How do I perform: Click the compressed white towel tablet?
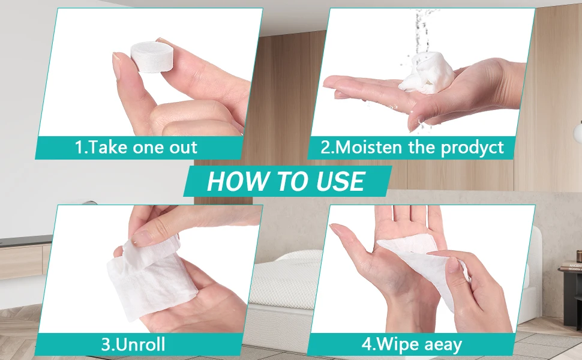[152, 57]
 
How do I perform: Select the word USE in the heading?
[340, 181]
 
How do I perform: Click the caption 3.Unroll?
[133, 344]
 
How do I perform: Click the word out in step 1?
[184, 148]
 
